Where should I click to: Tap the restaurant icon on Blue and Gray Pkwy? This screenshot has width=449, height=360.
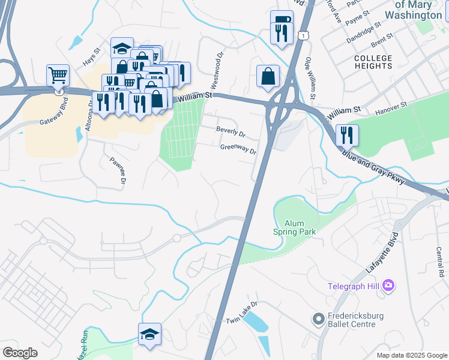[x=347, y=134]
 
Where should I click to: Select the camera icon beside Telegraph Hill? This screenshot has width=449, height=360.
[x=388, y=285]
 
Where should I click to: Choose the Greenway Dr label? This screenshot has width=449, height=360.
[x=238, y=148]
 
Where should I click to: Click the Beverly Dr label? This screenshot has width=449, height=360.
[x=231, y=131]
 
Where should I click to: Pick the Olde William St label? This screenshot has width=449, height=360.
[x=312, y=78]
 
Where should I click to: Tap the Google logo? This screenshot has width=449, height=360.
[x=20, y=353]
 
